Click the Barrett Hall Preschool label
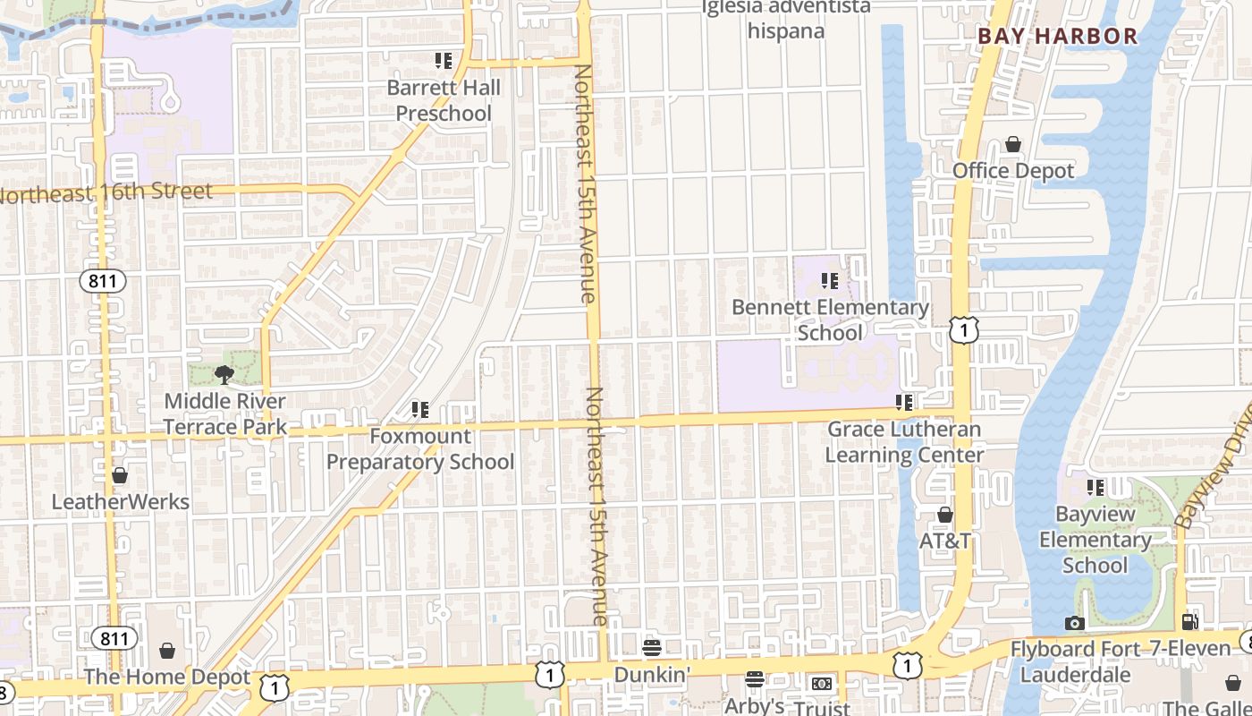click(x=444, y=100)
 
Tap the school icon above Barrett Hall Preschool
click(x=444, y=61)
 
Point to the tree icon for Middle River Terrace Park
click(x=224, y=375)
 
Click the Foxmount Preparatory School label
click(x=420, y=449)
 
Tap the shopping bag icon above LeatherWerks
click(x=120, y=475)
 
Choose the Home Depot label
click(x=167, y=678)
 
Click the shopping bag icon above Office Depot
click(x=1013, y=144)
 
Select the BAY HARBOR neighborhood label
click(x=1057, y=37)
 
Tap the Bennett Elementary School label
click(x=830, y=320)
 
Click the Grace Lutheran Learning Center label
click(x=904, y=441)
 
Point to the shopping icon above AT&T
click(x=945, y=516)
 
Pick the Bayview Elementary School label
click(x=1095, y=540)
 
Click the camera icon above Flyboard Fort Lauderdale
click(x=1075, y=623)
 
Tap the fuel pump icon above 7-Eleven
click(x=1189, y=621)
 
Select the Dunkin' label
click(x=652, y=674)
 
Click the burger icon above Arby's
click(x=755, y=679)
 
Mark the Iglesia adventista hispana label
click(x=785, y=19)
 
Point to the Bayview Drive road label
click(x=1213, y=474)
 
